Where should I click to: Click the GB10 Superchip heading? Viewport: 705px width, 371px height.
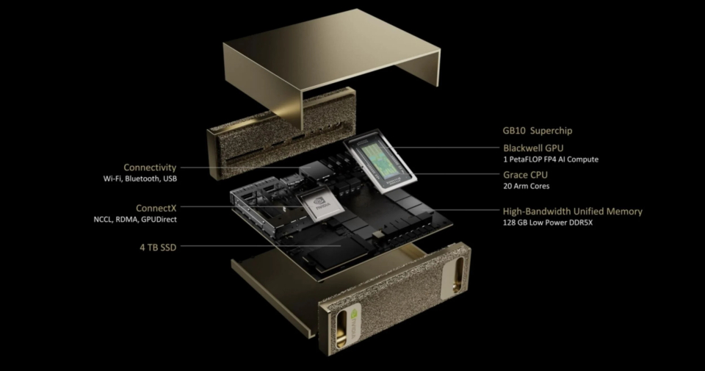pos(538,131)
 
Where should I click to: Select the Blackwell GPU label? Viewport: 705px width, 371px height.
pos(533,148)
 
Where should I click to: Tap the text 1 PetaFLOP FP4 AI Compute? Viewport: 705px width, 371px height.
pos(551,159)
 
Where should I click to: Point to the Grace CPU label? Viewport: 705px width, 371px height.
pos(525,175)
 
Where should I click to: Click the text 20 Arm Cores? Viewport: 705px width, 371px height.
pos(526,186)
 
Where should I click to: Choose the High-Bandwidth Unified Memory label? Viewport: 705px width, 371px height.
pos(572,212)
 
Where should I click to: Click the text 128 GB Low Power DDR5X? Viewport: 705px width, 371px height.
pos(548,223)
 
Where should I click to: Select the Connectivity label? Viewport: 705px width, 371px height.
pos(150,168)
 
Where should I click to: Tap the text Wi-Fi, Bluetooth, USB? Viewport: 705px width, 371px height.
pos(140,179)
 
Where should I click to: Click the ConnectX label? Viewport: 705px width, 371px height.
pos(156,208)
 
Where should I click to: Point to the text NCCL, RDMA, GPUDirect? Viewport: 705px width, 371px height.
pos(135,220)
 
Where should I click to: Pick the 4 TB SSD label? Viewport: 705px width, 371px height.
pos(158,248)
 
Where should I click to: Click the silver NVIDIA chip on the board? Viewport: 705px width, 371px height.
pos(320,205)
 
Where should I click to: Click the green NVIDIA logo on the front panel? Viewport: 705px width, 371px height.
pos(353,324)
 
